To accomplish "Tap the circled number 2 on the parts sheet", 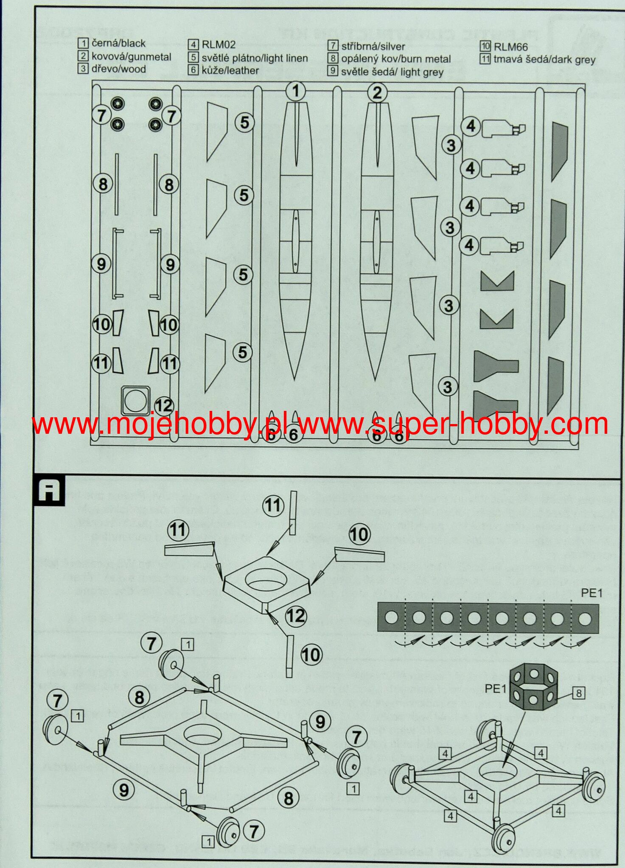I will pos(377,93).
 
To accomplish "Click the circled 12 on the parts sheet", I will pos(164,406).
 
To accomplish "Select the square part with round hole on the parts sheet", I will pos(136,401).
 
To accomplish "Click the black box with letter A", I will pos(49,492).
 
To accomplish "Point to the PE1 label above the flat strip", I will pos(591,593).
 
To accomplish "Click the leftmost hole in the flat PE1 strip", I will pos(391,617).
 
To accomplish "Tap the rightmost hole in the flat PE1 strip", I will pos(585,619).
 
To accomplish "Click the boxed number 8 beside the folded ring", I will pos(578,693).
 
